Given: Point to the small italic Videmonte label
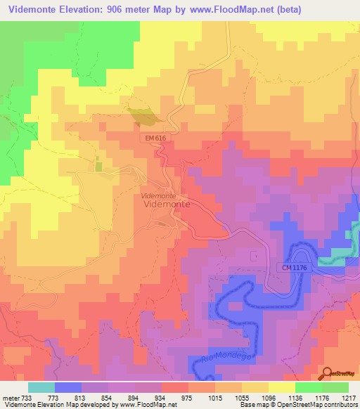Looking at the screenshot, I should click(x=158, y=195).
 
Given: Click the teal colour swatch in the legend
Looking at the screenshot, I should click(x=41, y=388).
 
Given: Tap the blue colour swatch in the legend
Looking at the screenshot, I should click(x=67, y=388).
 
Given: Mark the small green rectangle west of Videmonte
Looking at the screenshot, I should click(x=98, y=167).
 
